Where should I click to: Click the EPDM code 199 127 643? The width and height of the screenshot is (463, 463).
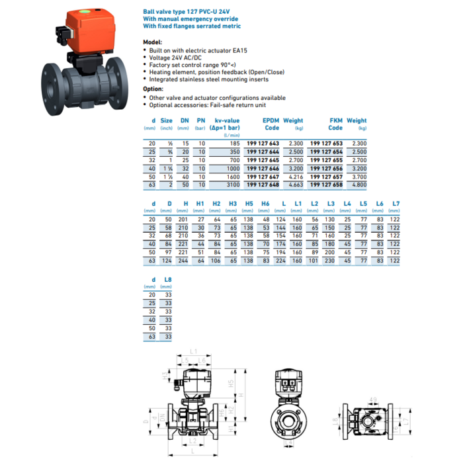coord(263,143)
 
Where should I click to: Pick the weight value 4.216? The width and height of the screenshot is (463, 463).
coord(294,178)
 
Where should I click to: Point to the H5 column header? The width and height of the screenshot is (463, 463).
coord(249,203)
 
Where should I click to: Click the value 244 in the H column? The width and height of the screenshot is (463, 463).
coord(183,261)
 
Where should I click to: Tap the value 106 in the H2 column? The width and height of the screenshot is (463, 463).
coord(216,261)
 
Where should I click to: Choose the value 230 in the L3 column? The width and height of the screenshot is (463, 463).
coord(330,261)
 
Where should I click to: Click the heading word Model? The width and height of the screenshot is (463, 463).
coord(153,42)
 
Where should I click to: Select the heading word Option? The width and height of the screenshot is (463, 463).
coord(153,88)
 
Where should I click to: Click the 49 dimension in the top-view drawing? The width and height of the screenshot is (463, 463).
coord(373,398)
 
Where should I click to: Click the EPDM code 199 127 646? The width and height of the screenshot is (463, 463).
coord(263,169)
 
